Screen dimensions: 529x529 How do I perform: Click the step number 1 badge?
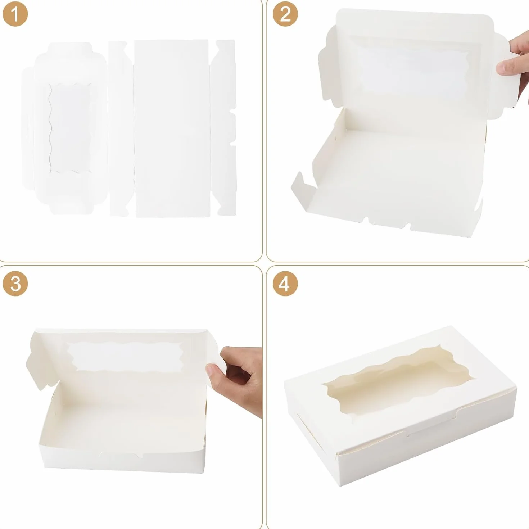tap(15, 14)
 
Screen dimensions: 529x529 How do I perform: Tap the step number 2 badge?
tap(285, 14)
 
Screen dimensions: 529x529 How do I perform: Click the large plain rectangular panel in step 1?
tap(172, 128)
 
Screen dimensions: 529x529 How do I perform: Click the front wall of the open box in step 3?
tap(123, 456)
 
